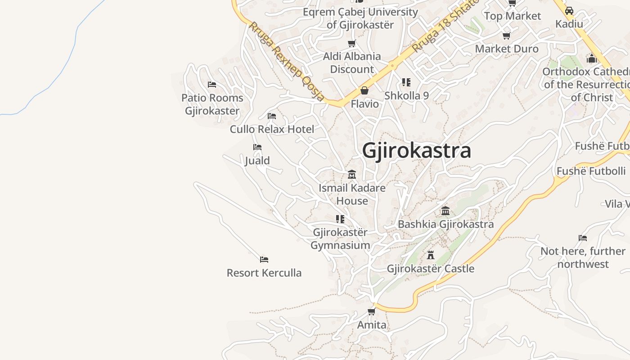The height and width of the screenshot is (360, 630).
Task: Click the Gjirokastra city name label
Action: (417, 150)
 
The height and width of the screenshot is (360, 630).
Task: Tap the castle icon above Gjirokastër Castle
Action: (431, 255)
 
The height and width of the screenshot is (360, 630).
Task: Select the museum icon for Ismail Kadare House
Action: (352, 174)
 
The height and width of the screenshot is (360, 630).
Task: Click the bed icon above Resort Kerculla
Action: (264, 259)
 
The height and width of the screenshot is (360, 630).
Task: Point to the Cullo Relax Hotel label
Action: (272, 129)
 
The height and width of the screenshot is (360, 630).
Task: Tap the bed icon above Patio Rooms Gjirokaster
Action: (212, 84)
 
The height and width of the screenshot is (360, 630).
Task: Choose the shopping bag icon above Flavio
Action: (364, 90)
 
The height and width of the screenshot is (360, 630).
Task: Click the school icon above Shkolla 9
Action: (406, 82)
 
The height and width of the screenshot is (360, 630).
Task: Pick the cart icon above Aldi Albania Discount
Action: (352, 43)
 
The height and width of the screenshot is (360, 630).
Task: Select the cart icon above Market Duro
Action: (507, 36)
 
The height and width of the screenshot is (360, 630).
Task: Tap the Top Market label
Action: (513, 16)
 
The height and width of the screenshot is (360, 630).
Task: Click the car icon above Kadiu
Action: (569, 10)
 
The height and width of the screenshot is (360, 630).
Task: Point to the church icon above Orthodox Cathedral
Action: (591, 58)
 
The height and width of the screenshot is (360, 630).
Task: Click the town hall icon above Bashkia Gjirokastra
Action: (445, 211)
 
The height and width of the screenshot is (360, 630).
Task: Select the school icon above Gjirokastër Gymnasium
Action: (340, 219)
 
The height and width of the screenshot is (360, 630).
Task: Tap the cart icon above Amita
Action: (372, 311)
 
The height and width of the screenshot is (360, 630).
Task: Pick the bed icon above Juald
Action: (257, 147)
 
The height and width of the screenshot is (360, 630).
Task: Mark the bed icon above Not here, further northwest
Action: (583, 238)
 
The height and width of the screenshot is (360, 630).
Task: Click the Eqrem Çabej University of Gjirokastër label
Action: (360, 18)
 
